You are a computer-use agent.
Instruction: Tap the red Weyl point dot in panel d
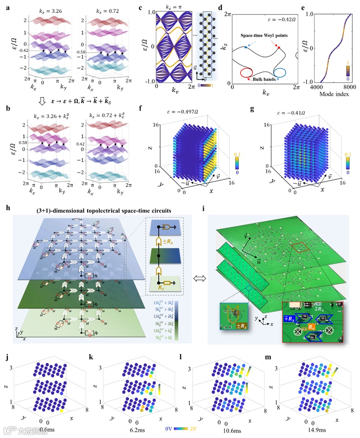[279, 47]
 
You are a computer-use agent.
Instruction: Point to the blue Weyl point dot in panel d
[245, 47]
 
